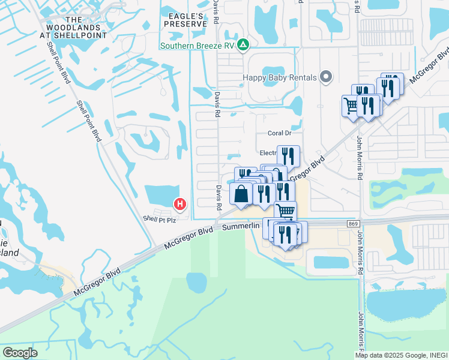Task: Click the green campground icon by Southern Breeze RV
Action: pyautogui.click(x=243, y=45)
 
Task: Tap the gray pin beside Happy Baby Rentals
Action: pyautogui.click(x=326, y=77)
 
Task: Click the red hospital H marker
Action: pyautogui.click(x=179, y=205)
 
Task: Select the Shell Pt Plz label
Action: pyautogui.click(x=159, y=220)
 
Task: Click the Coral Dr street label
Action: pyautogui.click(x=279, y=133)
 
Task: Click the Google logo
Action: pyautogui.click(x=20, y=353)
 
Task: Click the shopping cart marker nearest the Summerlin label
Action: pyautogui.click(x=285, y=211)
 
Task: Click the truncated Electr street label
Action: pyautogui.click(x=267, y=153)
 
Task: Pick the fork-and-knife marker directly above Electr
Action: pyautogui.click(x=288, y=156)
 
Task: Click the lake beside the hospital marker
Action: pyautogui.click(x=161, y=195)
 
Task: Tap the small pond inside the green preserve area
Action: pyautogui.click(x=197, y=280)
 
